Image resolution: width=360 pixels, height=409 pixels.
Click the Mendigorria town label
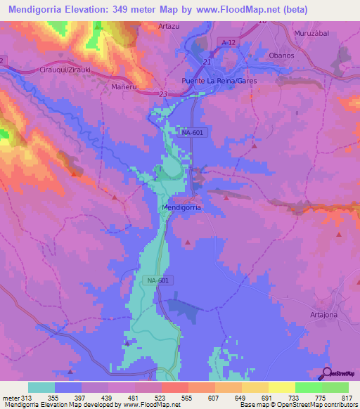[181, 208]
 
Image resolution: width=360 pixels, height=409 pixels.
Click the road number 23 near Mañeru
[162, 94]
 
